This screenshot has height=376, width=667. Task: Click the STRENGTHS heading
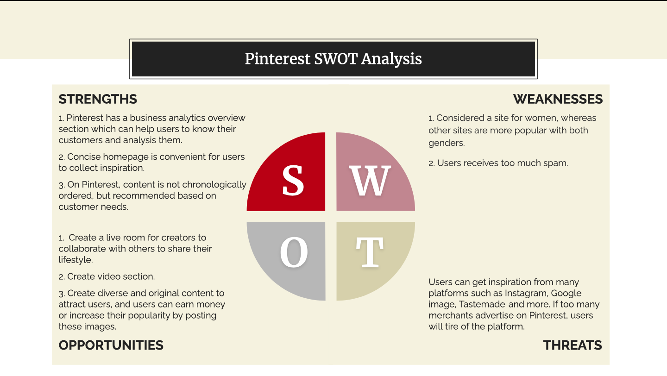pyautogui.click(x=98, y=99)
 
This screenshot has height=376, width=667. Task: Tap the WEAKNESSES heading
pyautogui.click(x=558, y=99)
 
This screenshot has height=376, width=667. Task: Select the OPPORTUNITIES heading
pyautogui.click(x=111, y=345)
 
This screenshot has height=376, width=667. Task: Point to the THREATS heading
pyautogui.click(x=573, y=345)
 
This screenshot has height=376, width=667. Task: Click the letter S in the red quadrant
pyautogui.click(x=293, y=181)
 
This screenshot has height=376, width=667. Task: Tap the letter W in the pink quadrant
pyautogui.click(x=370, y=181)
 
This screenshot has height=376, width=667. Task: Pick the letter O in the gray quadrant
pyautogui.click(x=294, y=252)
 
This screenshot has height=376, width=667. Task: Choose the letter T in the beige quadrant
pyautogui.click(x=370, y=252)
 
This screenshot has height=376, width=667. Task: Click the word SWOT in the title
pyautogui.click(x=335, y=59)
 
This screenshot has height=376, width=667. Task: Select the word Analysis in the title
pyautogui.click(x=391, y=59)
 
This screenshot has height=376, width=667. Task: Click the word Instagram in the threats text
pyautogui.click(x=526, y=293)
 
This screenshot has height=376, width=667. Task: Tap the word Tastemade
pyautogui.click(x=482, y=304)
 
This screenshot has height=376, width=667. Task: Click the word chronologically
pyautogui.click(x=214, y=185)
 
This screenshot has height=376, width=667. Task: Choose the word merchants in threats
pyautogui.click(x=449, y=315)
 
